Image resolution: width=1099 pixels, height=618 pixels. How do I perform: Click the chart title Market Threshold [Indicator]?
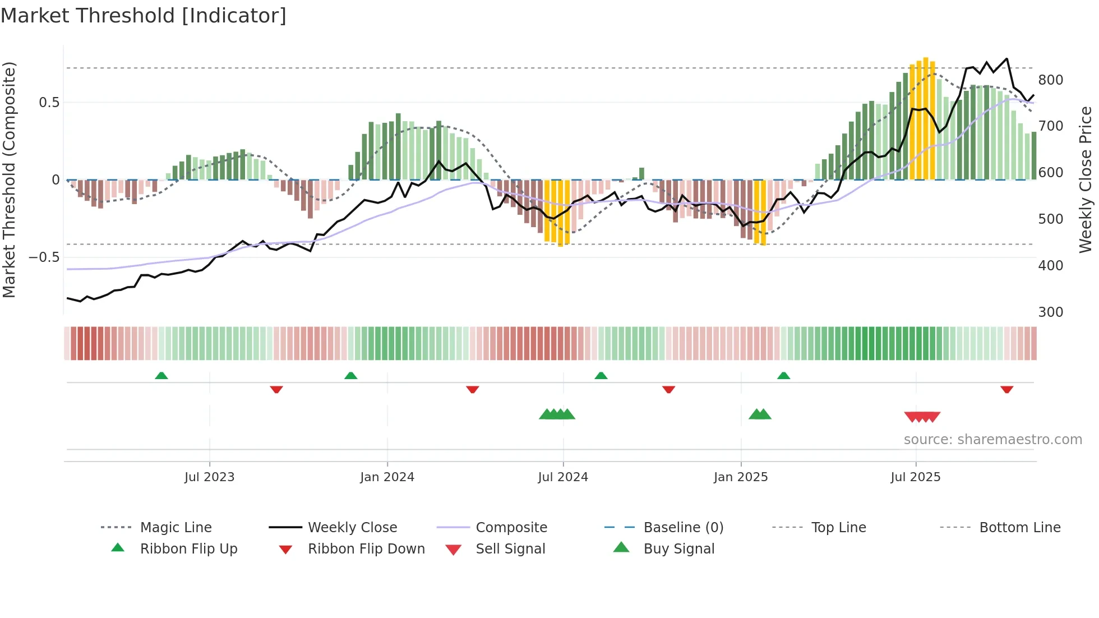click(x=144, y=16)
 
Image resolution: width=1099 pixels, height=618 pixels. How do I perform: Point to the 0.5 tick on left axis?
click(x=49, y=103)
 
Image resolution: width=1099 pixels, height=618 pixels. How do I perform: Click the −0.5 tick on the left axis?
click(x=44, y=257)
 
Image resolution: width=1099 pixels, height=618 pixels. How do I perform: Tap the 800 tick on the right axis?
click(x=1050, y=80)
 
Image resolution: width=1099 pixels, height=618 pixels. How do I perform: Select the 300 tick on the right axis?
click(x=1050, y=312)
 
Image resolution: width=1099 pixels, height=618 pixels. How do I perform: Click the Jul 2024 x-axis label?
click(x=563, y=477)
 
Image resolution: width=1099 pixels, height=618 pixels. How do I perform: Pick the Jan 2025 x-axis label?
click(x=741, y=477)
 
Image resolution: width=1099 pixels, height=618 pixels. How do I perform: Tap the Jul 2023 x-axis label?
click(x=209, y=477)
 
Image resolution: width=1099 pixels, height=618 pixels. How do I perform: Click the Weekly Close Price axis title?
click(x=1086, y=179)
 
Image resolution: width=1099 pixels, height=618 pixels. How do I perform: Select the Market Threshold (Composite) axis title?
click(x=9, y=179)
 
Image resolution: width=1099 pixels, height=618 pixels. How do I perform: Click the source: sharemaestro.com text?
click(x=992, y=440)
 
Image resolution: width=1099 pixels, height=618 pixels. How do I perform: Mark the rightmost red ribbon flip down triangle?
click(x=1006, y=389)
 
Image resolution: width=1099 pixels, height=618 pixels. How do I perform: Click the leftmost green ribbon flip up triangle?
click(x=161, y=376)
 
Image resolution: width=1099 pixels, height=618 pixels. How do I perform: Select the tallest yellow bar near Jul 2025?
click(x=926, y=118)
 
